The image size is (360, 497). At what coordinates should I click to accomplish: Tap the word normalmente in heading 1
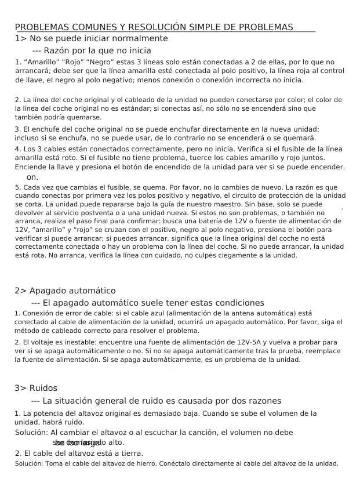(140, 38)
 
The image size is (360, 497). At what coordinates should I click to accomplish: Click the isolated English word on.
(32, 177)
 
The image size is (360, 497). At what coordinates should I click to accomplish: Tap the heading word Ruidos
(43, 388)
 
